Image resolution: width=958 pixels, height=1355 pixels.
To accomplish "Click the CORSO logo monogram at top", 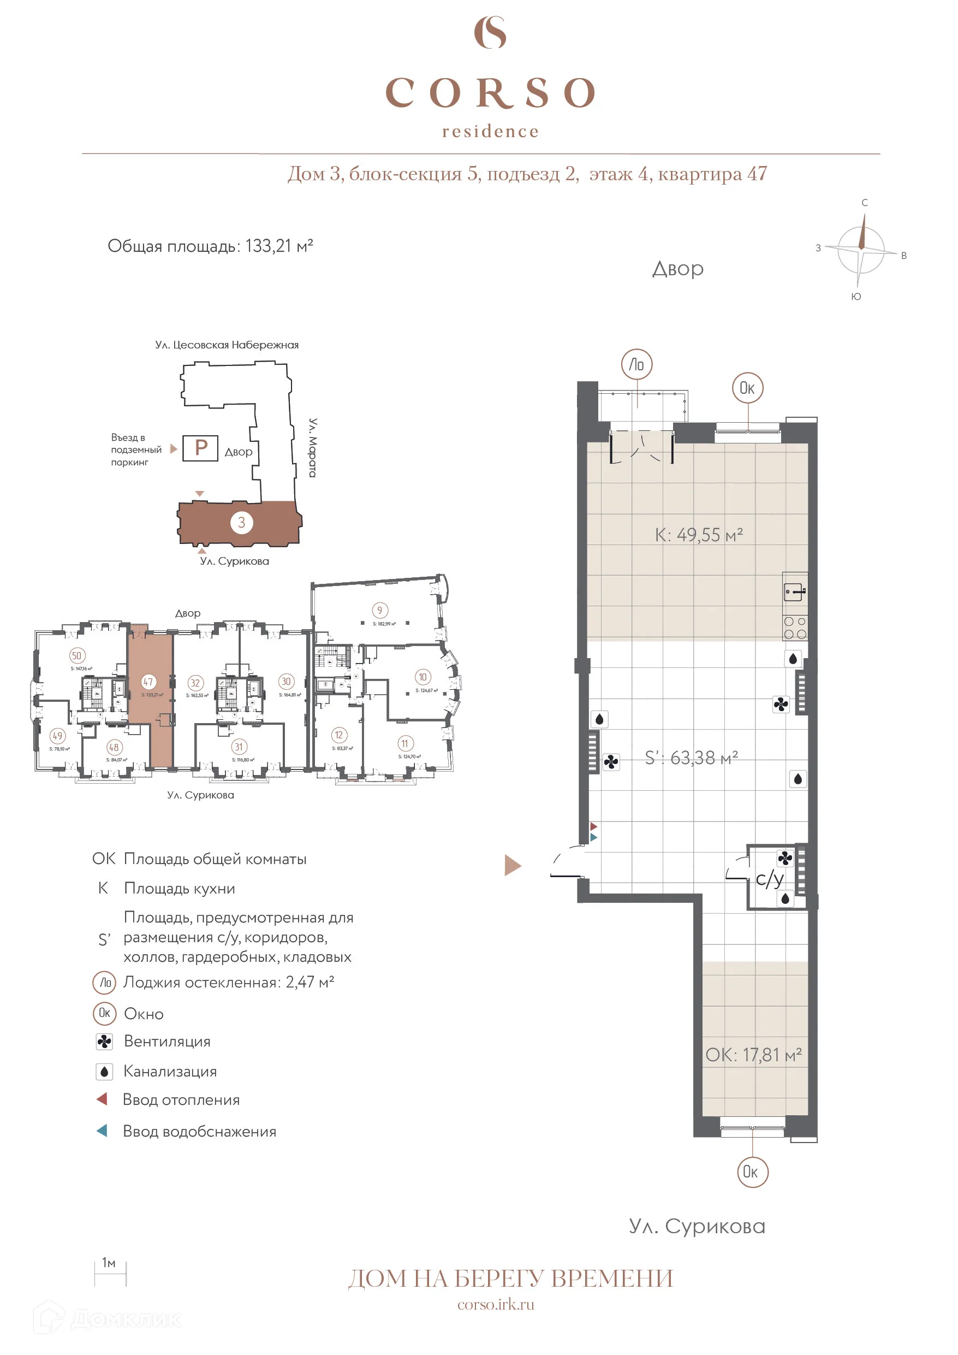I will coord(490,32).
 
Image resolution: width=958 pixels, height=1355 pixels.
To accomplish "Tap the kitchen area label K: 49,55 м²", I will coord(699,535).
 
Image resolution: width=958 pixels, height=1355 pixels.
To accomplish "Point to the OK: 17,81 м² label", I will coord(753,1055).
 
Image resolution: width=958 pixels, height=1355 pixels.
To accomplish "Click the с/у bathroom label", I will coord(769,879).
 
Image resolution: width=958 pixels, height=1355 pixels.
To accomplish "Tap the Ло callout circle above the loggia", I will coord(636,364).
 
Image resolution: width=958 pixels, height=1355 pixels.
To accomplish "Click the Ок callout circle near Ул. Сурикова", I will coord(752,1171).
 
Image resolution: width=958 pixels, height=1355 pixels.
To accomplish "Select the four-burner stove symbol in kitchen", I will coord(795,628).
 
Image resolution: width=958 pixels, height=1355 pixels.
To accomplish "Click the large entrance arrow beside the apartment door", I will coord(512,865).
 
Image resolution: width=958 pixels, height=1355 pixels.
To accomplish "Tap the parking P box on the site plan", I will coord(200,448).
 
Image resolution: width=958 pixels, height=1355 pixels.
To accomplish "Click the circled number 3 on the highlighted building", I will coord(241,522).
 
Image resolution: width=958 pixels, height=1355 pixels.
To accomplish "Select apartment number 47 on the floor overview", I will coord(148,682).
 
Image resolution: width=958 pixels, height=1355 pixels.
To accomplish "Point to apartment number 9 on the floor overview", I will coord(379,610).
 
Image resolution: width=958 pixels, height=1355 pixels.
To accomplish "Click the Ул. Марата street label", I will coord(313,447).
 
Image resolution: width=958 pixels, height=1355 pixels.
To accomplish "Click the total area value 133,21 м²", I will coord(278,246).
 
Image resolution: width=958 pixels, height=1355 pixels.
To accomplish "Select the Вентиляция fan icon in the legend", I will coord(104,1042).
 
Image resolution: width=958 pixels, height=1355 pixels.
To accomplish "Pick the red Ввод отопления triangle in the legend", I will coord(102,1099).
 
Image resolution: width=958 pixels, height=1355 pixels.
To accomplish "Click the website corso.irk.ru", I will coord(496,1304).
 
